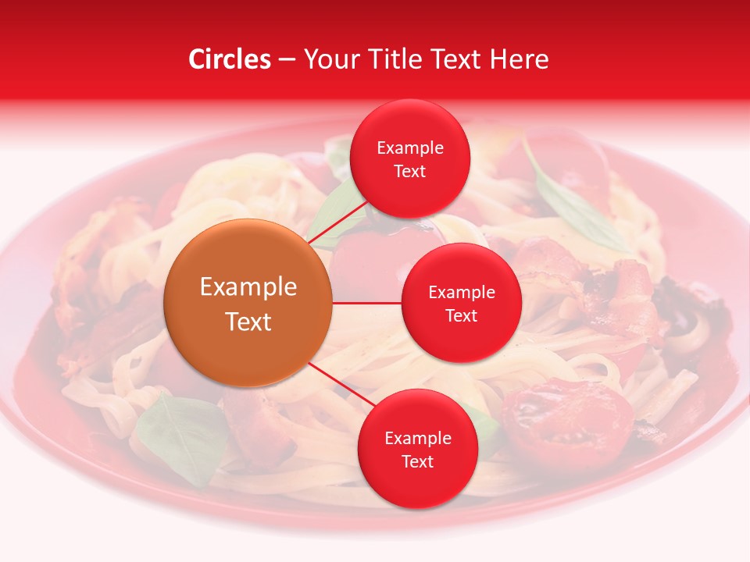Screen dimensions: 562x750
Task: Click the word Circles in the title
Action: click(230, 59)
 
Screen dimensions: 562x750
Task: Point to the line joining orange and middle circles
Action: click(367, 303)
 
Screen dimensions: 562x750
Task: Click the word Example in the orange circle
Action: click(248, 286)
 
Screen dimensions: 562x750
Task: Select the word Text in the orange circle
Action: click(248, 322)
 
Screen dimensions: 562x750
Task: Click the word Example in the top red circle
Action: click(409, 148)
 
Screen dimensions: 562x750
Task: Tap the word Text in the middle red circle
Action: click(461, 315)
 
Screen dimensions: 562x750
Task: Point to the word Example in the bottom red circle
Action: click(417, 438)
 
